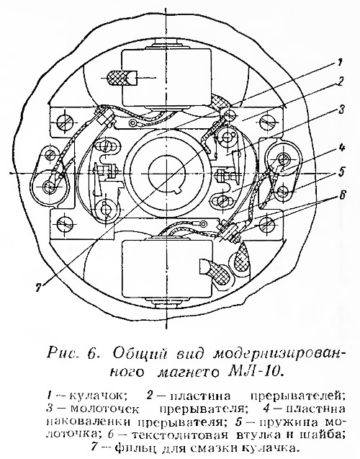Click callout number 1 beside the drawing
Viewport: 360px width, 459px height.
point(338,63)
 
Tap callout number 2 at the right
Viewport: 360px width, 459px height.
point(338,81)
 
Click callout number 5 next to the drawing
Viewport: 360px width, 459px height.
point(340,171)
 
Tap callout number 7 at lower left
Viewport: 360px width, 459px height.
point(37,288)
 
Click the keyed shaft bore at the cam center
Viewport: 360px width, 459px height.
point(166,173)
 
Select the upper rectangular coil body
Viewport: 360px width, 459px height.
point(167,78)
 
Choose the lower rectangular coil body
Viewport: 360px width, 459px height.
point(167,269)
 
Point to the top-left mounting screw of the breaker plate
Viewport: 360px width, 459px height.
point(63,120)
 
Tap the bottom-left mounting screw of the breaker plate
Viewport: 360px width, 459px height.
point(63,224)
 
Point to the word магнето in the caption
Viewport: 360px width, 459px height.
point(187,372)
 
